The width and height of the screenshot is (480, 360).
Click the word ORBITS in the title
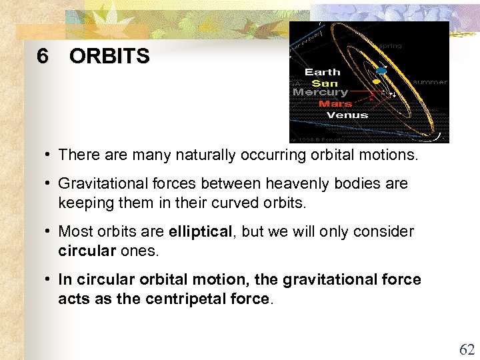(x=109, y=57)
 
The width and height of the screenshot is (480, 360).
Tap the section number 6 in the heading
(x=43, y=57)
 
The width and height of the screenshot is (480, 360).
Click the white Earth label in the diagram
(x=322, y=72)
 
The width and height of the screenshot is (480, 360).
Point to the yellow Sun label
(x=325, y=83)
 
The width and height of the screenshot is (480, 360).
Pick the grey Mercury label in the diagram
(x=320, y=93)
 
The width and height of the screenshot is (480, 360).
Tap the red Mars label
(x=335, y=104)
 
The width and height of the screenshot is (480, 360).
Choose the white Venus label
(x=347, y=115)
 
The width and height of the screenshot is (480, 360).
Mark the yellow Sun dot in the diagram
(x=376, y=81)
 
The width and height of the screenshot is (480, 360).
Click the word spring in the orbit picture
(x=391, y=46)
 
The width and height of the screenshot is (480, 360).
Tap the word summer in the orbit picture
(x=430, y=82)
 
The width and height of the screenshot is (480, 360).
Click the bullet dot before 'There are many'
(x=49, y=155)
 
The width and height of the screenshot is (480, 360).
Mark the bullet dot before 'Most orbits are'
(x=49, y=231)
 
